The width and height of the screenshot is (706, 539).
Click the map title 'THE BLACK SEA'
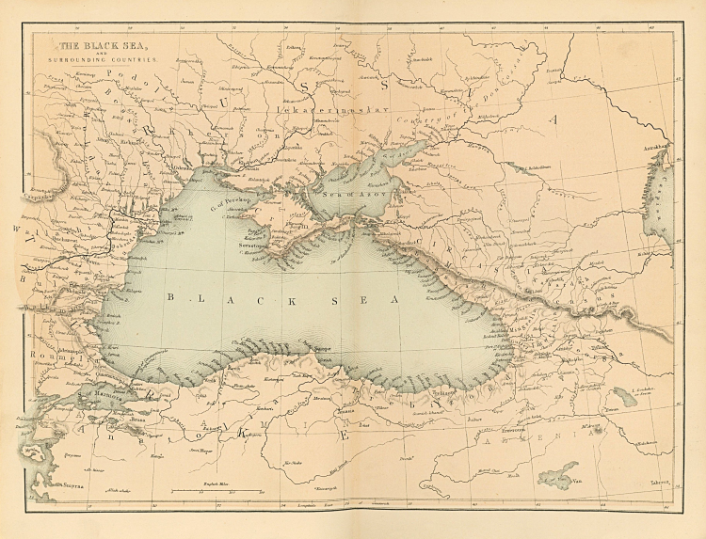point(99,44)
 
